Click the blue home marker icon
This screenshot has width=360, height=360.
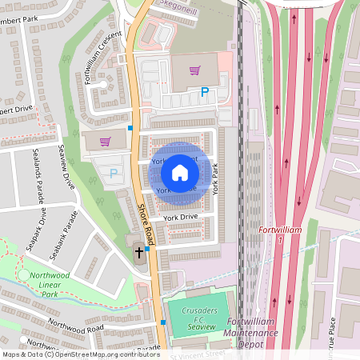click(180, 173)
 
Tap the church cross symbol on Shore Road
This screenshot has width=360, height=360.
click(138, 252)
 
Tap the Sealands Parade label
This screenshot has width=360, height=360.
click(38, 174)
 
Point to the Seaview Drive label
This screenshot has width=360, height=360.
click(66, 166)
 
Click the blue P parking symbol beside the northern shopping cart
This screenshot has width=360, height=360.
click(205, 93)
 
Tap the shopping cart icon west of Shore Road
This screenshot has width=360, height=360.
click(105, 142)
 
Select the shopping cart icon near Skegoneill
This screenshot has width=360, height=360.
click(194, 70)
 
